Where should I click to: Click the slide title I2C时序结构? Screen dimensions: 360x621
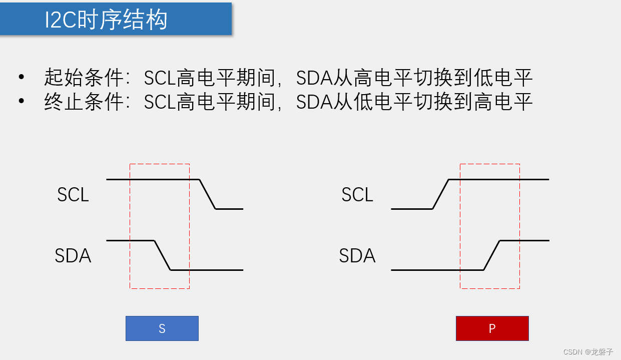click(106, 20)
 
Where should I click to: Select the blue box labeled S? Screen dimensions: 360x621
click(162, 328)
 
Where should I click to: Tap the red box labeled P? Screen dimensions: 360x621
click(492, 328)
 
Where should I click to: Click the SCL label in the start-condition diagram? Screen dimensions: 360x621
click(73, 195)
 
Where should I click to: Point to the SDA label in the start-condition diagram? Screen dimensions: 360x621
click(73, 256)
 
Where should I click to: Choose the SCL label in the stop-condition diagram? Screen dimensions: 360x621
click(357, 195)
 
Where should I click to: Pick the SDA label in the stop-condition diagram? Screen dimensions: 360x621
click(357, 256)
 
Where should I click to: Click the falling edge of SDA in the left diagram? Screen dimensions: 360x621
click(163, 255)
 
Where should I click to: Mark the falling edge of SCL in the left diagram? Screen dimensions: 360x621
click(208, 194)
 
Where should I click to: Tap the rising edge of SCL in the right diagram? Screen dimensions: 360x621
click(440, 194)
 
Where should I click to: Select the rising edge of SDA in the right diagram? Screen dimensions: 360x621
click(492, 255)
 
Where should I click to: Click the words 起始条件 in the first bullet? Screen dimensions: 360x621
click(83, 78)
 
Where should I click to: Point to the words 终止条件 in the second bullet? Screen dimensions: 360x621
click(83, 103)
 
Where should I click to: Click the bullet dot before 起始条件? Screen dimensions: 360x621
click(21, 78)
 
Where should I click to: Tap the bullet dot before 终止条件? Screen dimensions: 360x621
click(21, 102)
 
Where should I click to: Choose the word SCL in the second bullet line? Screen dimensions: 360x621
click(160, 103)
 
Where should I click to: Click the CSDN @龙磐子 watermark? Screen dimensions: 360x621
click(588, 351)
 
